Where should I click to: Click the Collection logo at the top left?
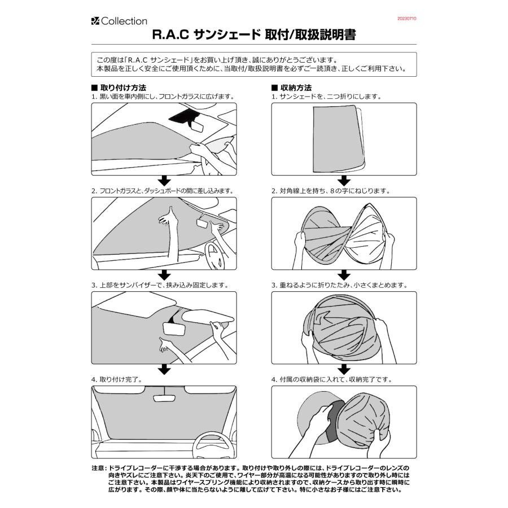coord(119,21)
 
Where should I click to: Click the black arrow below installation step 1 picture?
coord(164,181)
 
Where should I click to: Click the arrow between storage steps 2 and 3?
coord(344,275)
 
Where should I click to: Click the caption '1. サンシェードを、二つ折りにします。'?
coord(326,97)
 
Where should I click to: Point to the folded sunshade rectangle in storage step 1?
coord(336,138)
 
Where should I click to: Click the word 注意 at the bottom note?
coord(98,468)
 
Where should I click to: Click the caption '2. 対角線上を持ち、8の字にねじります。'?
coord(330,191)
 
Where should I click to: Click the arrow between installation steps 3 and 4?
coord(164,369)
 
